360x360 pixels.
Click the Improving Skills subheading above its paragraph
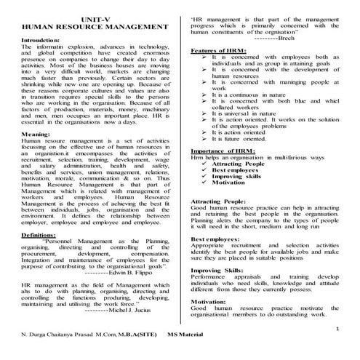(x=218, y=269)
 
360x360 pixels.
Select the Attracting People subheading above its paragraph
(x=221, y=200)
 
